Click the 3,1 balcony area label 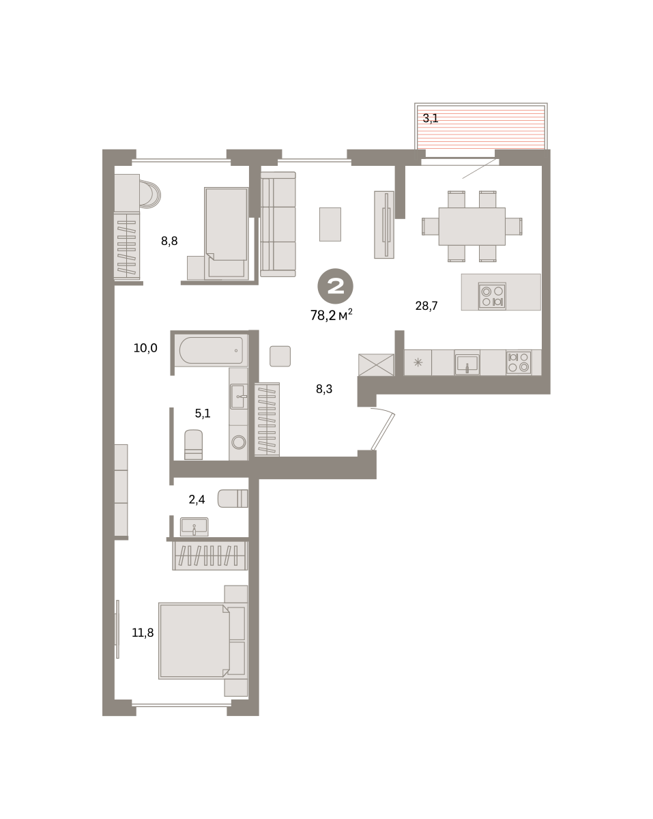click(431, 118)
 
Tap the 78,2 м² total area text click(331, 315)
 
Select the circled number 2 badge click(335, 286)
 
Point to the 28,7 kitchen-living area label click(426, 306)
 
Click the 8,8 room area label click(169, 241)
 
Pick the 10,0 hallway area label click(145, 348)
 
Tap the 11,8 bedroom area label click(143, 633)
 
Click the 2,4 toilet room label click(197, 500)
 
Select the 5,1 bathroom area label click(203, 414)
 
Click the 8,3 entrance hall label click(324, 389)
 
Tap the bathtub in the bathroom click(212, 351)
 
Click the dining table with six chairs click(472, 227)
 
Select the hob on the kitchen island click(492, 296)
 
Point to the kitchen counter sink click(467, 362)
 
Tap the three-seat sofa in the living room click(278, 224)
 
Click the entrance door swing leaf click(383, 431)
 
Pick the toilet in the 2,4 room click(233, 498)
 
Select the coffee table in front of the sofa click(330, 224)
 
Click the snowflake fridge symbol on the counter click(418, 362)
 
